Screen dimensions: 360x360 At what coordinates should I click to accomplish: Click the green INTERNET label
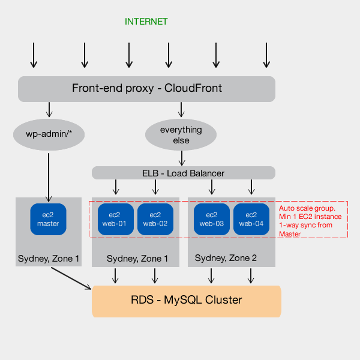coord(146,22)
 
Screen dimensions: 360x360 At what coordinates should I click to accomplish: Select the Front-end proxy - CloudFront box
coord(146,89)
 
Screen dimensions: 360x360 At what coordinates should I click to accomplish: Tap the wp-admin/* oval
coord(49,134)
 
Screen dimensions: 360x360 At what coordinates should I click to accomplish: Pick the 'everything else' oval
coord(181,134)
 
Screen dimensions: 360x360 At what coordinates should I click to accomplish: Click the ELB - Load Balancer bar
coord(183,173)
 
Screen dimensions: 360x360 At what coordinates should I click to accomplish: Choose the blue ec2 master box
coord(48,220)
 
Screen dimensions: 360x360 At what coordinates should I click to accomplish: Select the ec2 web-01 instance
coord(115,220)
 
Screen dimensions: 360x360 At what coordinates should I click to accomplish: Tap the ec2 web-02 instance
coord(155,220)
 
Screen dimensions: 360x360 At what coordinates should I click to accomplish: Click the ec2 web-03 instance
coord(211,220)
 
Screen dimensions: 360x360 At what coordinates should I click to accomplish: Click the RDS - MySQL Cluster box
coord(186,301)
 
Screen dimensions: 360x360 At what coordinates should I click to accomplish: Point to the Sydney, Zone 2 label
coord(226,258)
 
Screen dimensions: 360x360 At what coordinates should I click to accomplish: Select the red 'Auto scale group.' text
coord(310,208)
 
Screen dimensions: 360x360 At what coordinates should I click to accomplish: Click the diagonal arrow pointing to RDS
coord(71,278)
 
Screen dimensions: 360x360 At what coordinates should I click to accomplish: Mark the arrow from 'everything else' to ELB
coord(181,158)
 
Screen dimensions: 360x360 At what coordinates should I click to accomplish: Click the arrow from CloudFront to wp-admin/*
coord(49,109)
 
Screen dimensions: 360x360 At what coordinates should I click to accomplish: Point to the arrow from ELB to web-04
coord(251,188)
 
